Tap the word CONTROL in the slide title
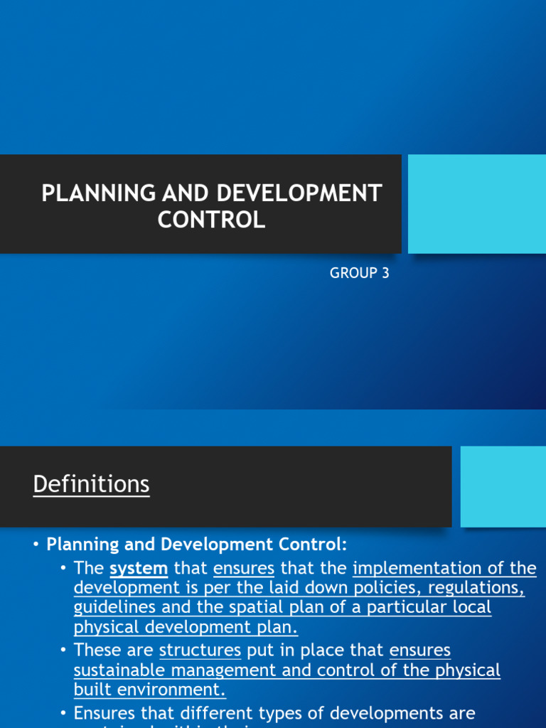coord(211,220)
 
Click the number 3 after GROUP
coord(385,273)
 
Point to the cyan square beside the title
coord(476,204)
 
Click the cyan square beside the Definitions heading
coord(503,487)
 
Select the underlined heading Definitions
coord(91,484)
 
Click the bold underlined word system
coord(139,568)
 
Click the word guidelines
coord(110,608)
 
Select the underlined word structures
coord(200,651)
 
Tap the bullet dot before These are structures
coord(64,651)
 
